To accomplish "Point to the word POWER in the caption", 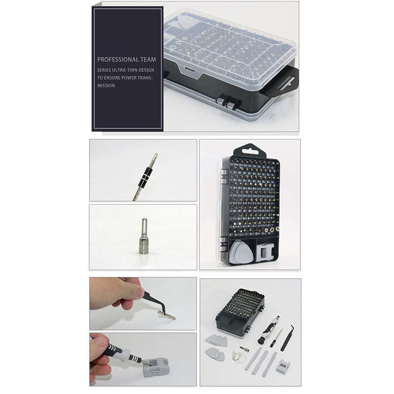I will coord(131,77).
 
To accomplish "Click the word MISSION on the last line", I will coord(106,85).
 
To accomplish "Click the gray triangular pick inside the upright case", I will coord(241,252).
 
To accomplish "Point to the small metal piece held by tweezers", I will coord(166,314).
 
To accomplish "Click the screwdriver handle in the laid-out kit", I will coord(268,331).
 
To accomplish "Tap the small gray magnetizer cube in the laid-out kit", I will coord(283,366).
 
